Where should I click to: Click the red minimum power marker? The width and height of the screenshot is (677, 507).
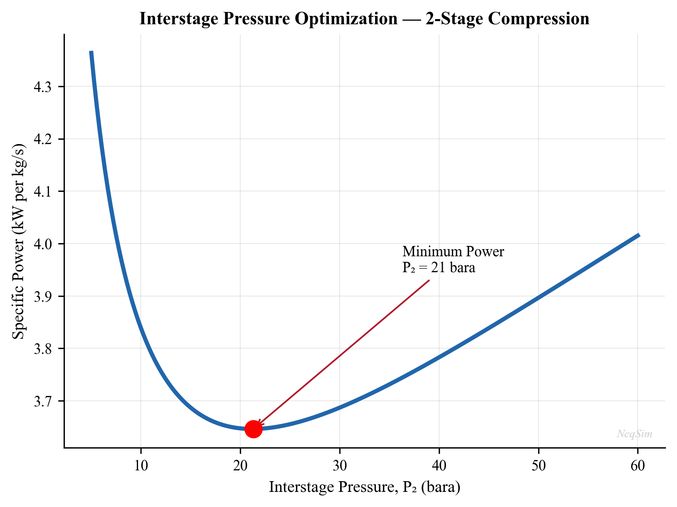coord(253,429)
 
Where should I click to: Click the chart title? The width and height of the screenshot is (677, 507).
coord(364,19)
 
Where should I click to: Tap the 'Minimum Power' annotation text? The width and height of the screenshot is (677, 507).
coord(453,252)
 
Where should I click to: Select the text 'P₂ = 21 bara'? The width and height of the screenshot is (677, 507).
coord(439,267)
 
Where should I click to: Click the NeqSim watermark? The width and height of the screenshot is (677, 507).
coord(634,434)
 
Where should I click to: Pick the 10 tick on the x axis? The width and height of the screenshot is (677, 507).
coord(141,464)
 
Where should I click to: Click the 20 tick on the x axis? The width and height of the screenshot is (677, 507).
coord(240,464)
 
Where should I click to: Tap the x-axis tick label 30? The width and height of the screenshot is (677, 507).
coord(340,464)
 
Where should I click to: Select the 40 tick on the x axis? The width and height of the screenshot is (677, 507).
coord(439,464)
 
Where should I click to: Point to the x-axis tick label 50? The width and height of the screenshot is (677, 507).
coord(538,464)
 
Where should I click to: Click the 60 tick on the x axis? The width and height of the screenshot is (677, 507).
coord(638,464)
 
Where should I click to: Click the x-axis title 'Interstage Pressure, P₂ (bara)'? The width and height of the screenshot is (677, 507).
coord(364,487)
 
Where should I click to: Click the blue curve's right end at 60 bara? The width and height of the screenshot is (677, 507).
coord(638,235)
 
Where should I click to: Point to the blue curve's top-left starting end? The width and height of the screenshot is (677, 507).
coord(91,52)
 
